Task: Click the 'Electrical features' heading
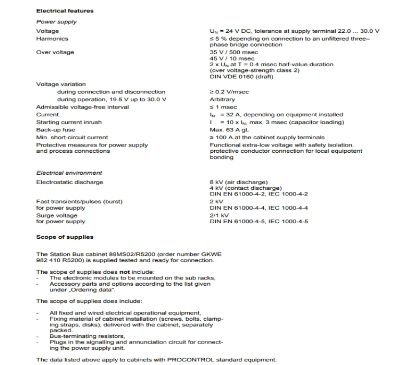point(65,11)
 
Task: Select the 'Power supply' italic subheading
point(56,22)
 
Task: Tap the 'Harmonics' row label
point(52,39)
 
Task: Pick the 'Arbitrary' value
point(222,100)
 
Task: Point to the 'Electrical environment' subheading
point(69,173)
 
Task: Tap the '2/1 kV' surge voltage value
point(218,214)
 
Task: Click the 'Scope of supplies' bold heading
point(65,237)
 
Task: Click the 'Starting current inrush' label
point(69,122)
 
